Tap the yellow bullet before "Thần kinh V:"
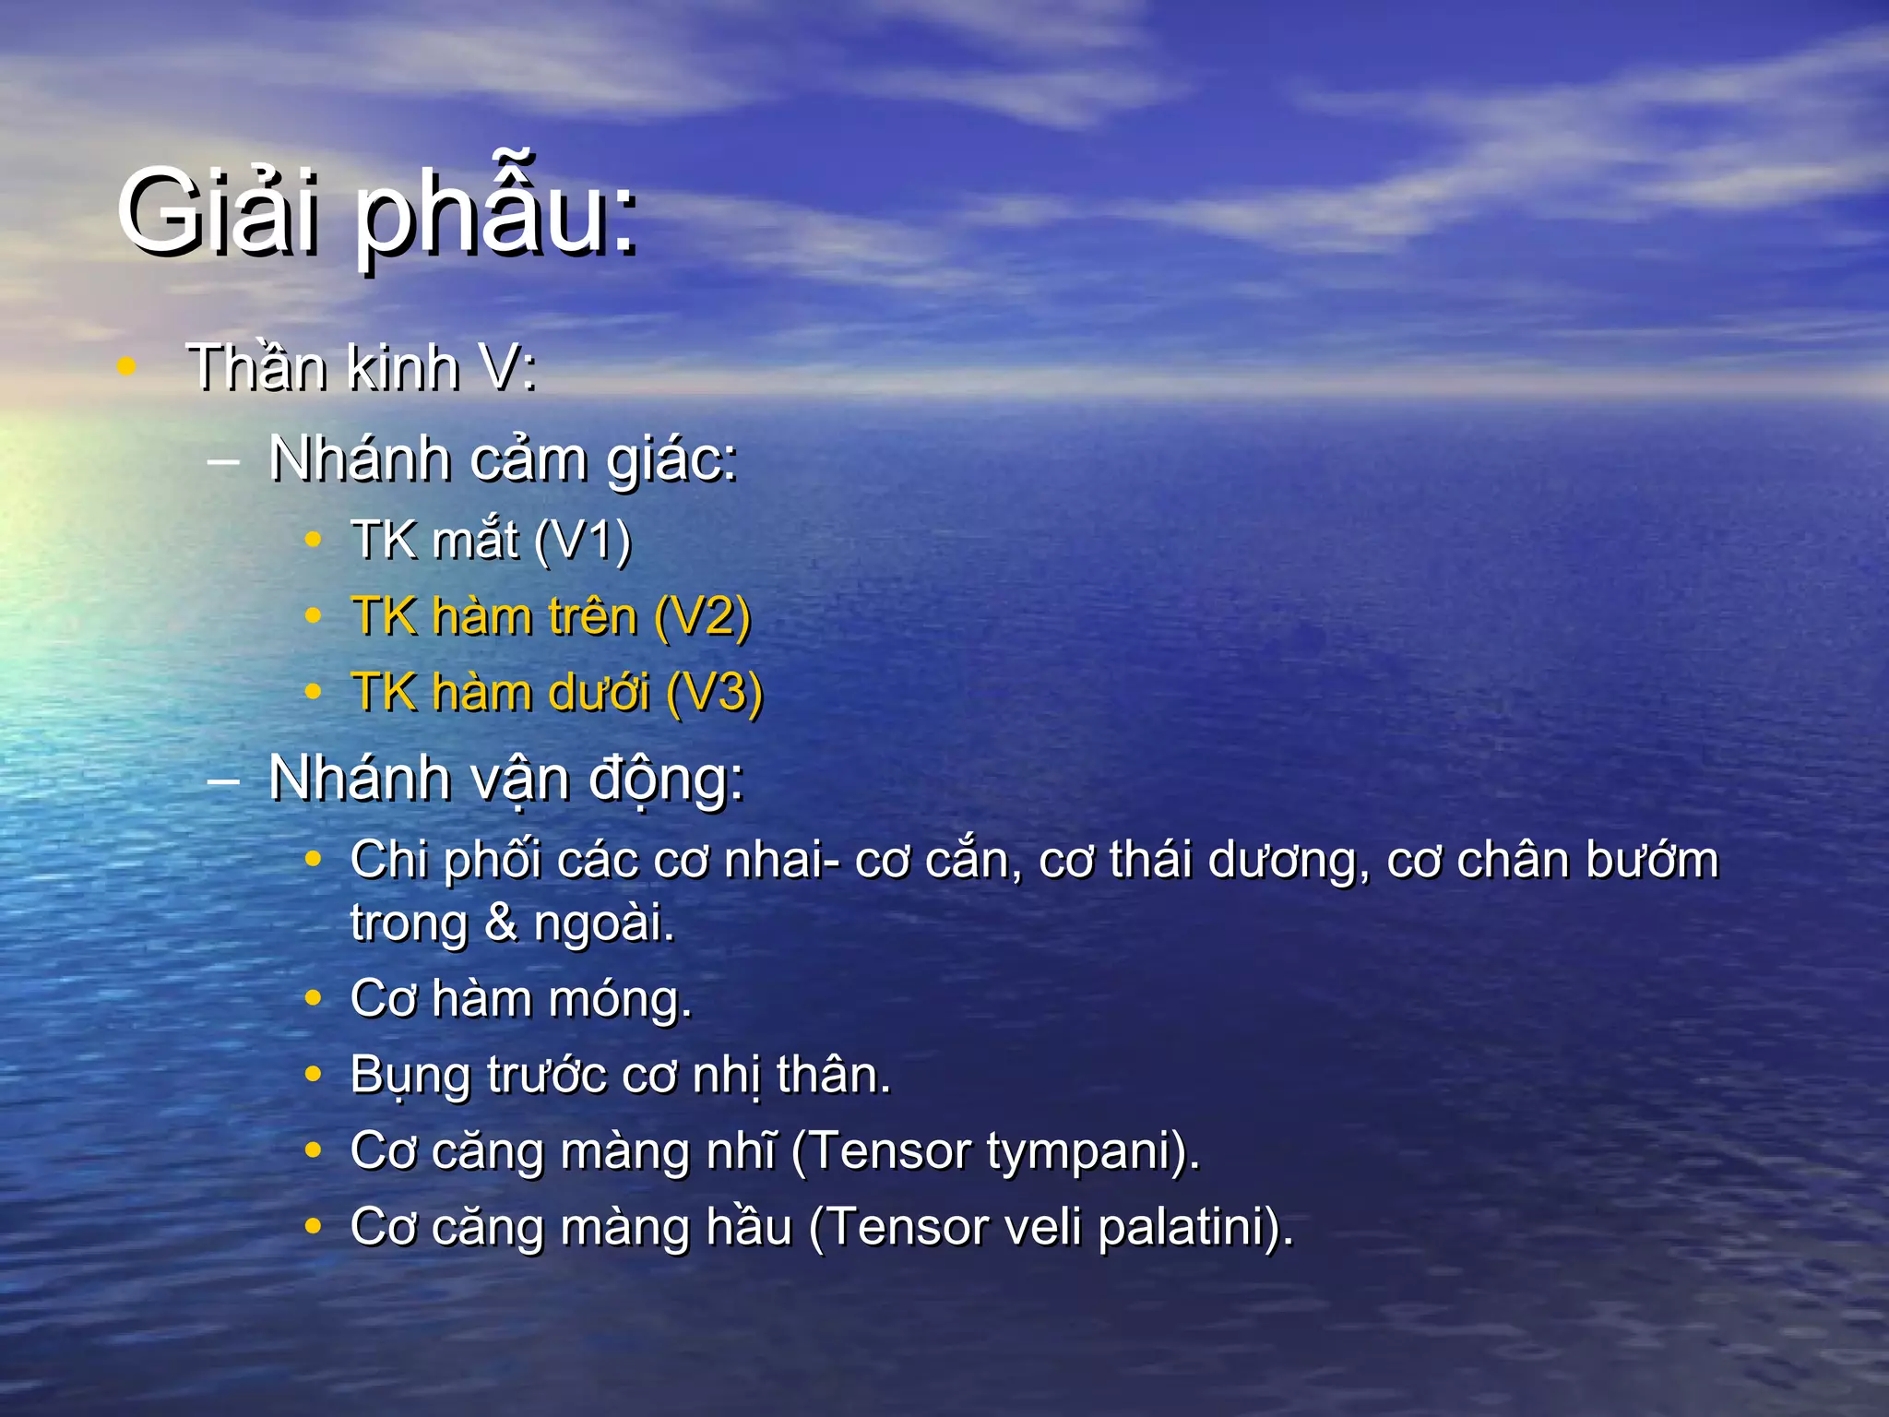(x=127, y=366)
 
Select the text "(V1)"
(x=583, y=541)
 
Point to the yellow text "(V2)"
(x=702, y=617)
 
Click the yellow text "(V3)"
(x=714, y=693)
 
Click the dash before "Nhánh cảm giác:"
(x=224, y=460)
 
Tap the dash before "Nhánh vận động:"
(x=224, y=780)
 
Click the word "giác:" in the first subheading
(x=671, y=460)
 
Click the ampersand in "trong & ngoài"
(x=501, y=923)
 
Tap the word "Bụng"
(x=410, y=1077)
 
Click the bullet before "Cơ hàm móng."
(x=314, y=998)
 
